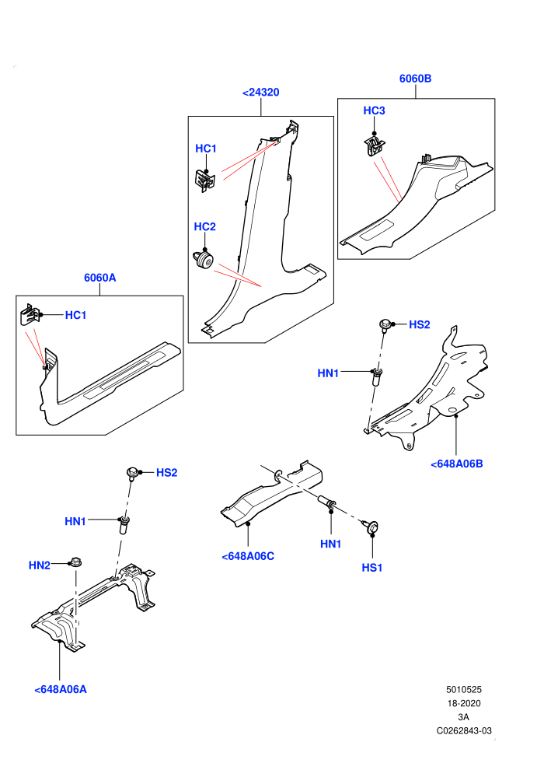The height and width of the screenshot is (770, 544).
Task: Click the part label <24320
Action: tap(261, 93)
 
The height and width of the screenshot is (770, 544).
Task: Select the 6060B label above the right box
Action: tap(415, 79)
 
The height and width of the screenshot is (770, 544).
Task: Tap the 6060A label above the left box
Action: tap(100, 278)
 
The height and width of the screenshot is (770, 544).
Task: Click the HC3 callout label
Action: tap(375, 111)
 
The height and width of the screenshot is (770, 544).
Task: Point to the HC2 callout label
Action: tap(205, 227)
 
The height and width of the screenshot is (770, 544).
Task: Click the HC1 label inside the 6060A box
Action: tap(76, 315)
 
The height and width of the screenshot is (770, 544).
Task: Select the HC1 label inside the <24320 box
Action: tap(206, 149)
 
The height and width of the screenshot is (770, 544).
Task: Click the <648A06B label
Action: tap(457, 464)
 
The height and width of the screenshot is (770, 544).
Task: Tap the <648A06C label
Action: tap(248, 556)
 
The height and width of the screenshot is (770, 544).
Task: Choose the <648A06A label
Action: tap(61, 689)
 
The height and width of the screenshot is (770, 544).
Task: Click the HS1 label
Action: tap(371, 569)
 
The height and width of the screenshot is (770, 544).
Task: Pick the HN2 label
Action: tap(39, 565)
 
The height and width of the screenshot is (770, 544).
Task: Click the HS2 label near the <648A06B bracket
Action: tap(420, 324)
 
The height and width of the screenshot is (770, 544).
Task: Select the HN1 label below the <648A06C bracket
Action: tap(330, 544)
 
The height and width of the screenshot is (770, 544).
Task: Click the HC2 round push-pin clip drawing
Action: tap(202, 261)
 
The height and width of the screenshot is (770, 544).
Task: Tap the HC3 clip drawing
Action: tap(375, 146)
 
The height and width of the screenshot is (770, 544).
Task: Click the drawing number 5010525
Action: tap(463, 690)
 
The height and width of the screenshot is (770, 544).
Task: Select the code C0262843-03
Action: tap(464, 731)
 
